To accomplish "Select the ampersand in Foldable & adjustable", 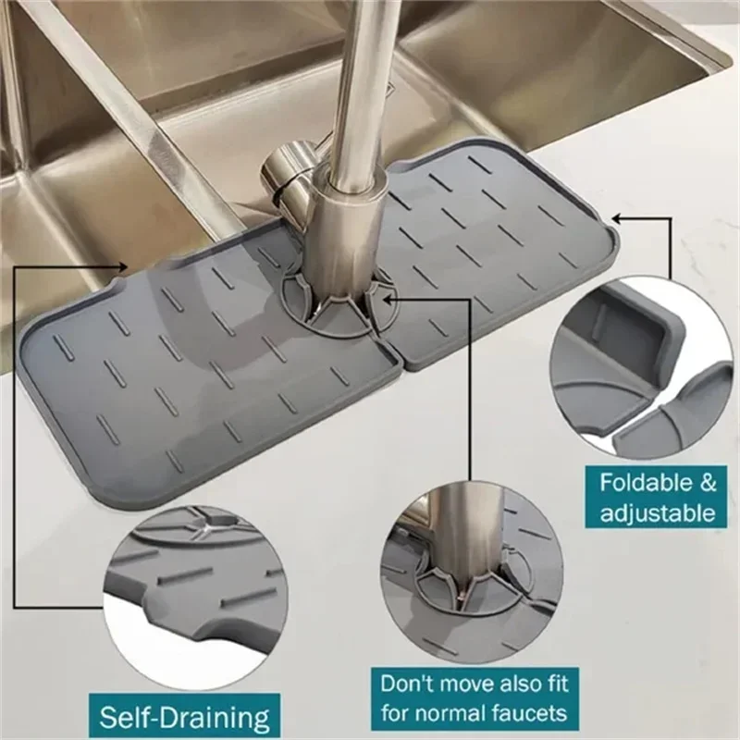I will coord(705,482).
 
